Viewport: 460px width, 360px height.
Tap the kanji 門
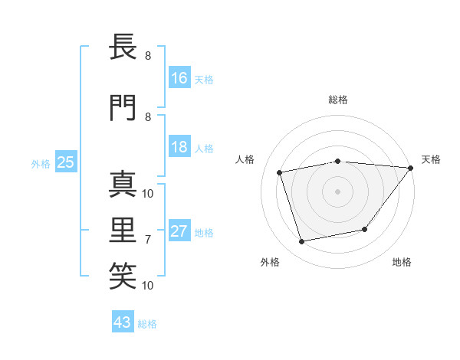click(125, 109)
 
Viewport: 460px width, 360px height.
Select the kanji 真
click(125, 185)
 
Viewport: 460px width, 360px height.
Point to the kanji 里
click(125, 230)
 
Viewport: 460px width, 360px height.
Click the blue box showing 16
click(179, 77)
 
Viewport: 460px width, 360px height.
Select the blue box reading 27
click(179, 231)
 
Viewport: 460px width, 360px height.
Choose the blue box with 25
click(65, 162)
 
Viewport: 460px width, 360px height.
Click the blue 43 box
click(123, 322)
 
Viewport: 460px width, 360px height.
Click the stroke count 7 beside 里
click(148, 239)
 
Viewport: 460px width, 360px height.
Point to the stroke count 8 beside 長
click(148, 56)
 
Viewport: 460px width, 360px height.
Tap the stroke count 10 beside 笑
click(149, 285)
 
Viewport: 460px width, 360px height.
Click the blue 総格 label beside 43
click(147, 324)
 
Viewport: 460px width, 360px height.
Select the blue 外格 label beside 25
click(40, 163)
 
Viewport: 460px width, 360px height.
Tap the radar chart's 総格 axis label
click(338, 100)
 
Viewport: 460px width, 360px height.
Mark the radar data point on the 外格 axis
click(302, 242)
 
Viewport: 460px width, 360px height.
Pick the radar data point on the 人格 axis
click(280, 172)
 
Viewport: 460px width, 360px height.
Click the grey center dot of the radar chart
click(338, 191)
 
